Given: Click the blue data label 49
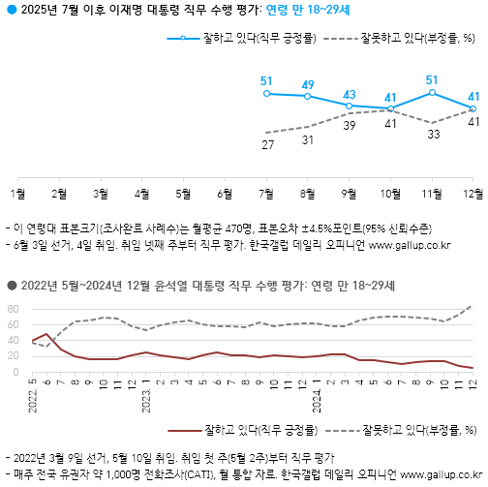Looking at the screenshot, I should (x=308, y=84).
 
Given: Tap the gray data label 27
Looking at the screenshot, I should (x=266, y=144).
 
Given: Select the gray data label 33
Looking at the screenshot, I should (x=431, y=135).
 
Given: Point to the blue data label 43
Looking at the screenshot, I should (x=350, y=94).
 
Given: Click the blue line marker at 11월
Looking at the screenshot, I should (x=431, y=92).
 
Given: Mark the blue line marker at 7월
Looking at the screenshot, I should (x=266, y=93).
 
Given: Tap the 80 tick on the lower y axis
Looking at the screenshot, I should (x=15, y=309).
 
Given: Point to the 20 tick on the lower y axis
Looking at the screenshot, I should (x=15, y=356).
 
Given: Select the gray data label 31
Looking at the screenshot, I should (x=308, y=139).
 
